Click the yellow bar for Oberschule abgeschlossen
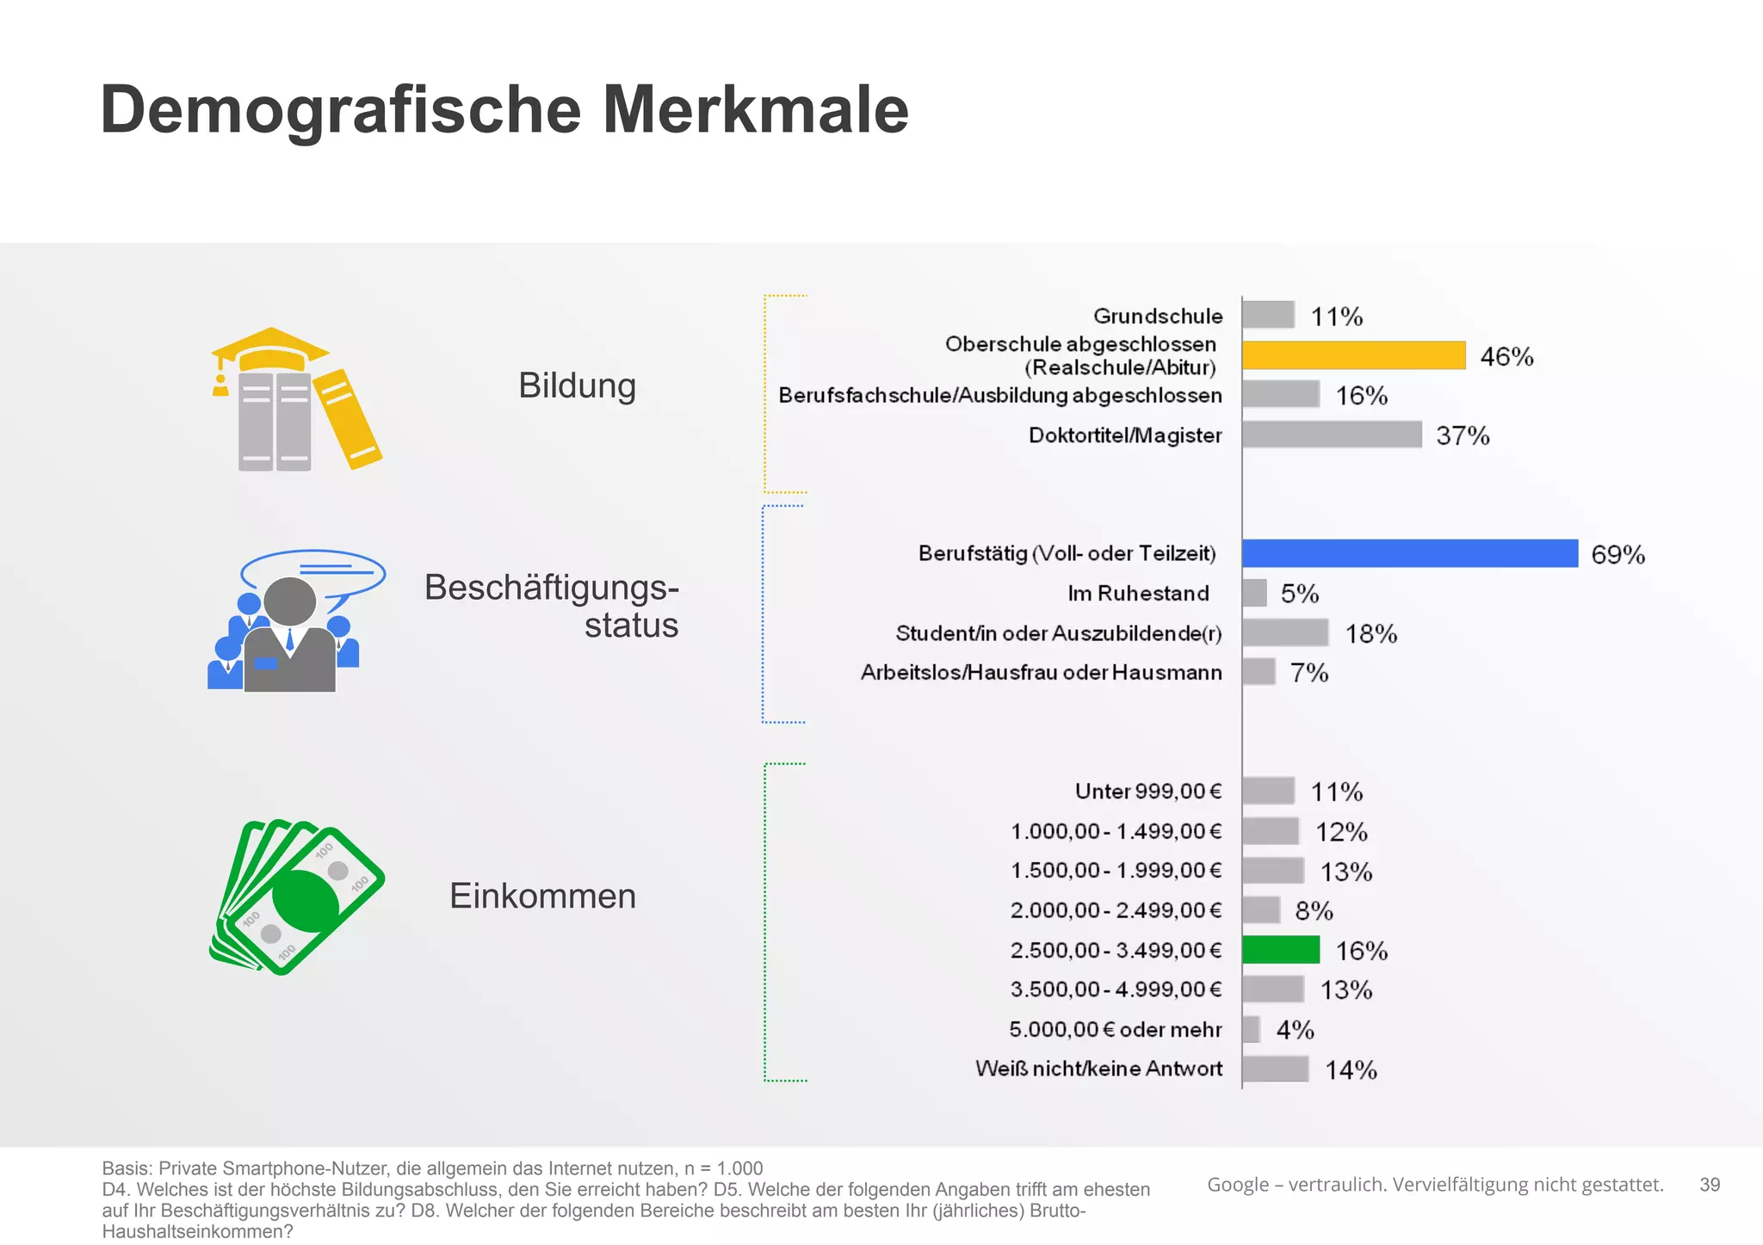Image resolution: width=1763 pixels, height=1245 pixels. click(x=1353, y=355)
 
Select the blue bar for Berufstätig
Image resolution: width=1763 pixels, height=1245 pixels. click(x=1409, y=553)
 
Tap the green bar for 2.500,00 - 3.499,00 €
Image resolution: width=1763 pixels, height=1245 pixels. click(x=1280, y=950)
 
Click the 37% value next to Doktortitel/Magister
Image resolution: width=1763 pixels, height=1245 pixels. click(x=1462, y=435)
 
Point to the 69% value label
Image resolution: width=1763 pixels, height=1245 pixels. click(x=1617, y=554)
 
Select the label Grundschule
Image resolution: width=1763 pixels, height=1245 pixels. click(x=1157, y=316)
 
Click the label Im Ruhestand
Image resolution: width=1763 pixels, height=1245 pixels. click(x=1137, y=593)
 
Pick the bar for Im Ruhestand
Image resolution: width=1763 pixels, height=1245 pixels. click(x=1254, y=593)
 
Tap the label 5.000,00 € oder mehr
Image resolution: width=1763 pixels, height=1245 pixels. click(x=1115, y=1029)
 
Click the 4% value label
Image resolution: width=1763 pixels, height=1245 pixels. click(x=1294, y=1029)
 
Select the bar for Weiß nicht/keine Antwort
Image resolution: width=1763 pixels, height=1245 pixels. click(x=1275, y=1069)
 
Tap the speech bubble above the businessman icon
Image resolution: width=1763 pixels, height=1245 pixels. click(x=313, y=571)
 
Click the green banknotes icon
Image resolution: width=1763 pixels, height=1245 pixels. click(x=297, y=897)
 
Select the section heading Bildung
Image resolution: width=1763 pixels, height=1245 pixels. click(x=577, y=385)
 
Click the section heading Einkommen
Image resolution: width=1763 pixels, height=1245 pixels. click(x=542, y=896)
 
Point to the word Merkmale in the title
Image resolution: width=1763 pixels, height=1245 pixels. click(x=755, y=109)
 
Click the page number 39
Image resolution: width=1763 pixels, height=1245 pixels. click(x=1709, y=1185)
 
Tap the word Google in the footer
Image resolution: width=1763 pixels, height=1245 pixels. click(x=1237, y=1185)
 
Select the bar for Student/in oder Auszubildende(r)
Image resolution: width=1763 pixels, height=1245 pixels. click(x=1284, y=632)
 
